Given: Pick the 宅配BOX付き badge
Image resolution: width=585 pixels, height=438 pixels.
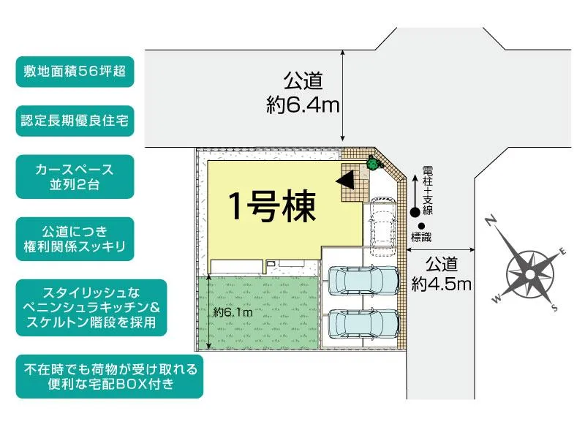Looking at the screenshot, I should (110, 377).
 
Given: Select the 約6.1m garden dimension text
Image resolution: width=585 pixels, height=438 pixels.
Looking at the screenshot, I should (233, 312).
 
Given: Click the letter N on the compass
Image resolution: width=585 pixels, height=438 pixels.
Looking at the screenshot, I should (494, 219).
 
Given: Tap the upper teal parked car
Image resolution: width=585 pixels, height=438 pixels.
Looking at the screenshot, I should (363, 279).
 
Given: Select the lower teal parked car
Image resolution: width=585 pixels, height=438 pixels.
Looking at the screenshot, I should (363, 322).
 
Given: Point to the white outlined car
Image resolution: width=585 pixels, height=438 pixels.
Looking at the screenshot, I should (382, 225).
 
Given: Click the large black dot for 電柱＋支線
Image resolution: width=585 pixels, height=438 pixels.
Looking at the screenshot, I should (415, 212).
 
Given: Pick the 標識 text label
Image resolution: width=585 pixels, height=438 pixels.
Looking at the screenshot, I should (422, 237).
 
